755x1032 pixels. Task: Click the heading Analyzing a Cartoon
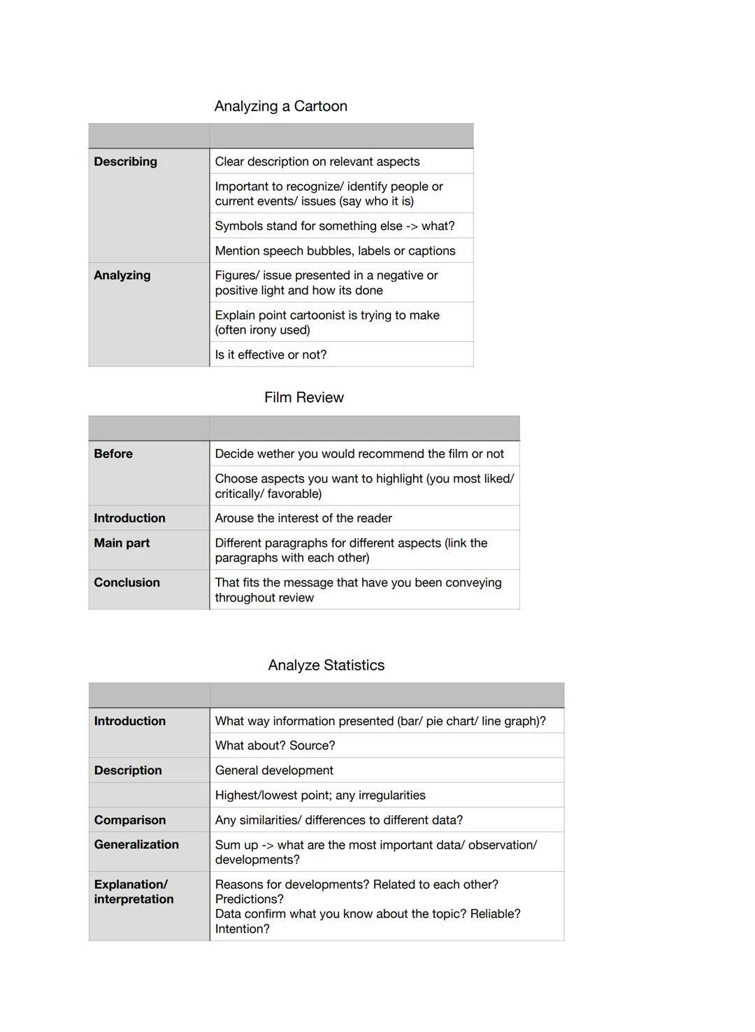pyautogui.click(x=280, y=106)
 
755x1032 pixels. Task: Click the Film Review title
pyautogui.click(x=303, y=398)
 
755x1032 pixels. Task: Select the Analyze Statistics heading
pyautogui.click(x=326, y=666)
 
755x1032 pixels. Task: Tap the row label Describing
pyautogui.click(x=126, y=162)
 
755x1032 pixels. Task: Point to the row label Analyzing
pyautogui.click(x=122, y=275)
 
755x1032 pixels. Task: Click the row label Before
pyautogui.click(x=113, y=454)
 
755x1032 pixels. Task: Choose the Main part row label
pyautogui.click(x=122, y=543)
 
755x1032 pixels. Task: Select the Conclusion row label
pyautogui.click(x=127, y=583)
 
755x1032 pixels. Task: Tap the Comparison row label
pyautogui.click(x=130, y=820)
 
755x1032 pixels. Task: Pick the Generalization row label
pyautogui.click(x=136, y=845)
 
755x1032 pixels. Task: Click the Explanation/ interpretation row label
pyautogui.click(x=134, y=892)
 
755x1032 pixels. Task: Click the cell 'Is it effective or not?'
pyautogui.click(x=271, y=355)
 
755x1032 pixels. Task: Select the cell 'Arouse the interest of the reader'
pyautogui.click(x=303, y=518)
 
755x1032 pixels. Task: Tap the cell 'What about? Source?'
pyautogui.click(x=275, y=746)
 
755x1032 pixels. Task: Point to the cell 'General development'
pyautogui.click(x=274, y=771)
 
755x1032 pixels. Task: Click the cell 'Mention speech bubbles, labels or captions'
pyautogui.click(x=335, y=251)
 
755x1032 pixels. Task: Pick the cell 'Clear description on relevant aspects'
pyautogui.click(x=317, y=162)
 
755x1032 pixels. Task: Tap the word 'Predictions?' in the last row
pyautogui.click(x=249, y=899)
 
